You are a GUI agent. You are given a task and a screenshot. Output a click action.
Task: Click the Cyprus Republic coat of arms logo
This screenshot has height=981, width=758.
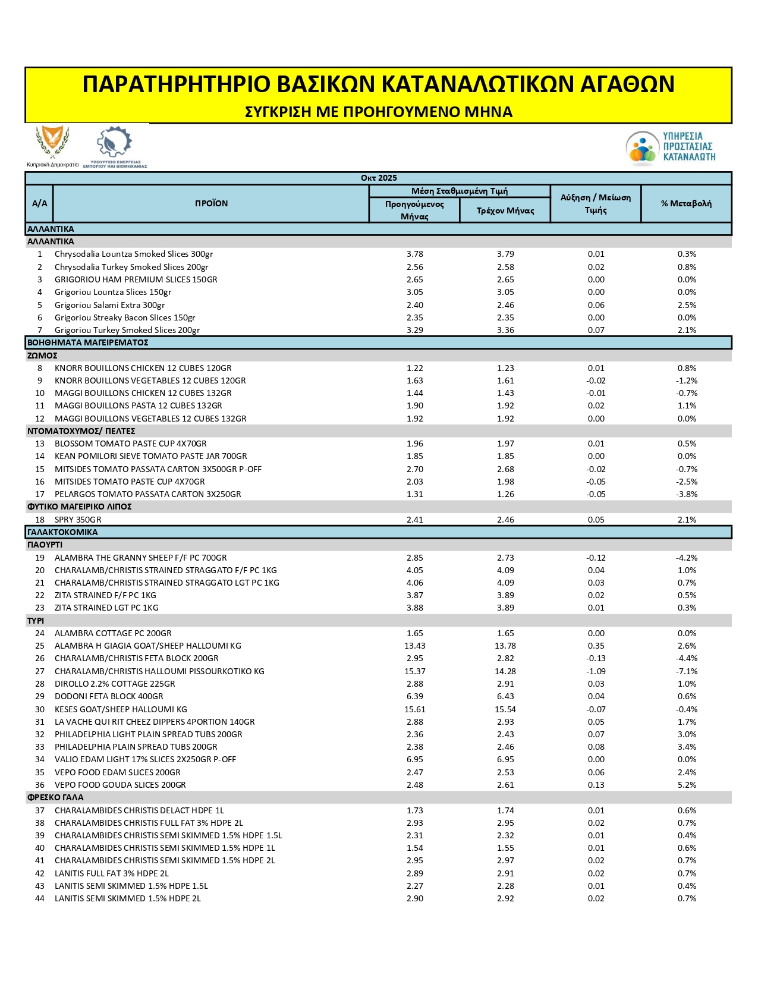(52, 143)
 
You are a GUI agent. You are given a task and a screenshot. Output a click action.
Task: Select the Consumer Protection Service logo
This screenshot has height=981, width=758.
(670, 147)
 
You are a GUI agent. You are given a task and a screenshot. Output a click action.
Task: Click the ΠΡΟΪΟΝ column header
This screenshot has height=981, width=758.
(211, 203)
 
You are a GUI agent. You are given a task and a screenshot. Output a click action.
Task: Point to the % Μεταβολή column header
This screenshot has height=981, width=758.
(686, 203)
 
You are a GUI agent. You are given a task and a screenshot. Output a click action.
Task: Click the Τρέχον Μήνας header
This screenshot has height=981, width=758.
(505, 210)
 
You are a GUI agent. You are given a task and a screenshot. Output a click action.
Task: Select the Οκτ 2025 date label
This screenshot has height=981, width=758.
(379, 178)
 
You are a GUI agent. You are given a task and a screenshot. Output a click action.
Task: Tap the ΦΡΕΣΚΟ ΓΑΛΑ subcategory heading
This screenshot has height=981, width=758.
(55, 797)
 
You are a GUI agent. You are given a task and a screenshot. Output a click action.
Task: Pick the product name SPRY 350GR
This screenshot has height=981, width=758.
(78, 520)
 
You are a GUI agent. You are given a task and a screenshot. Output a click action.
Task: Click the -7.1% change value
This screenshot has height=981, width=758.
(687, 671)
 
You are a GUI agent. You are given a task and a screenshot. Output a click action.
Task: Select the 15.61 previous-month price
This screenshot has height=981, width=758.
(415, 709)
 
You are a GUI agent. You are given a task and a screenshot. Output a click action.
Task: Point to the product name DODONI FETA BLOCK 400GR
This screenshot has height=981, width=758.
(109, 696)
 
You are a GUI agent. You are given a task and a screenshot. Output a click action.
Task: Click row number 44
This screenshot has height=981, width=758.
(40, 898)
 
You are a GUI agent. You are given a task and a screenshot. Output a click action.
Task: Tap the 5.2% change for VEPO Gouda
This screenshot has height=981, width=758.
(687, 785)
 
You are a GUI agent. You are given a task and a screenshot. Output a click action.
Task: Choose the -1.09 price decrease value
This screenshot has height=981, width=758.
(596, 671)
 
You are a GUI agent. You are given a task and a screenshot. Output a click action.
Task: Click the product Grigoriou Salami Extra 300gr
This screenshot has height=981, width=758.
(109, 305)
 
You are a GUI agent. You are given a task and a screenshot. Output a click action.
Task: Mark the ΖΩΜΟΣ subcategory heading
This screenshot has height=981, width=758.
(42, 356)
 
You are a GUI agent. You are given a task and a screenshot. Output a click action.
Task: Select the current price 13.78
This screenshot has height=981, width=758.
(505, 646)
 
